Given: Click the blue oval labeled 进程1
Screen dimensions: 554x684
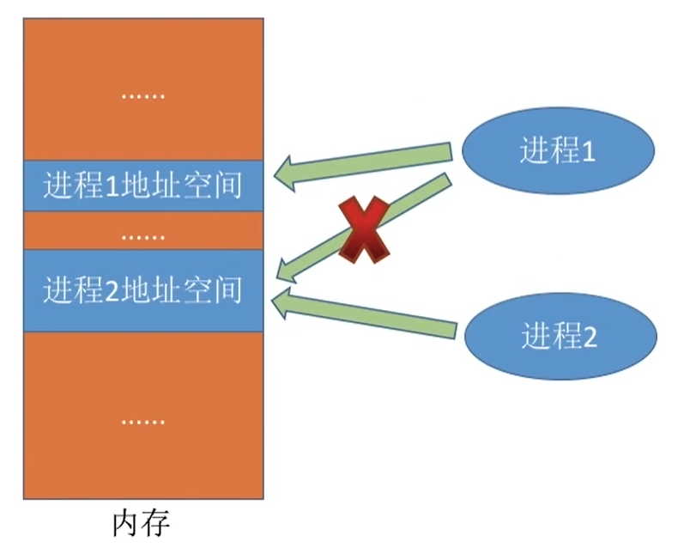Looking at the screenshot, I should click(558, 151).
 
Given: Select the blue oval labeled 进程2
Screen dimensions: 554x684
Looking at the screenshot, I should click(558, 335).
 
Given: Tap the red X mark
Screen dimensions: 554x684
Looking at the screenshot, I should click(364, 229).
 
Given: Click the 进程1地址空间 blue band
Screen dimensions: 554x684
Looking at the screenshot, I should click(142, 185).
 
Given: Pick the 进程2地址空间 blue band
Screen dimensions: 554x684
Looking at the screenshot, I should click(142, 290).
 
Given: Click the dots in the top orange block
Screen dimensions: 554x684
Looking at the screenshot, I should click(142, 95).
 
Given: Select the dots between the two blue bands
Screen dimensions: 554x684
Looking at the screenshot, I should click(142, 234).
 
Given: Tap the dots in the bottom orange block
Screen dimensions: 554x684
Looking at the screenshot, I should click(142, 421).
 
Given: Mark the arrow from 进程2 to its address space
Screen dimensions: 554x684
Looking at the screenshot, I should click(369, 315).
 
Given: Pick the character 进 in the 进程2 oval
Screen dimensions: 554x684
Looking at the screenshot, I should click(535, 336).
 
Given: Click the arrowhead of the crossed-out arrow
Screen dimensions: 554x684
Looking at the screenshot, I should click(288, 271).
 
